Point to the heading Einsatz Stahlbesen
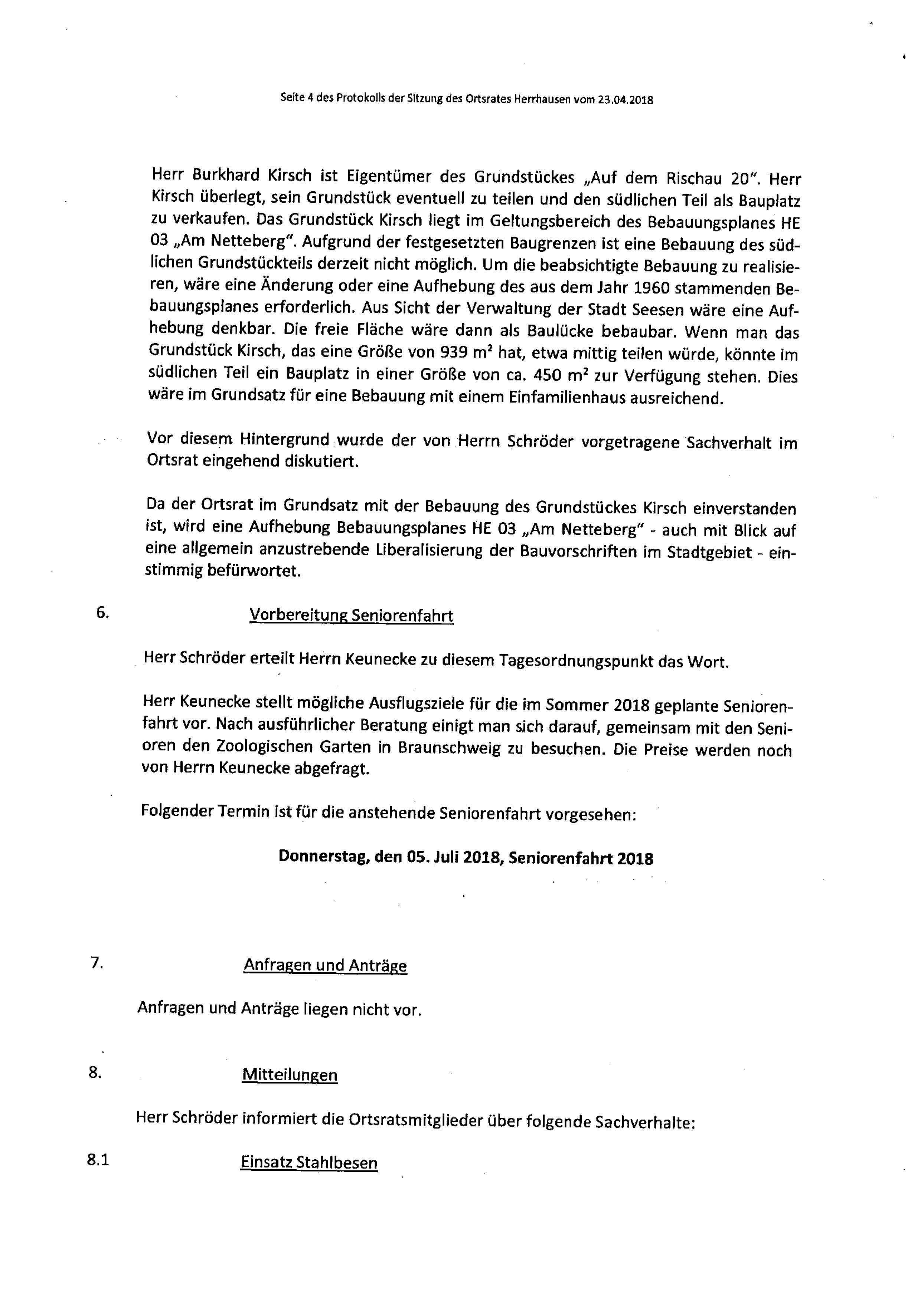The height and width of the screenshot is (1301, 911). point(309,1162)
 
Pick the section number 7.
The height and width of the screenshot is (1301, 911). point(97,963)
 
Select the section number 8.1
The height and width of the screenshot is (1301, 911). point(98,1160)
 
